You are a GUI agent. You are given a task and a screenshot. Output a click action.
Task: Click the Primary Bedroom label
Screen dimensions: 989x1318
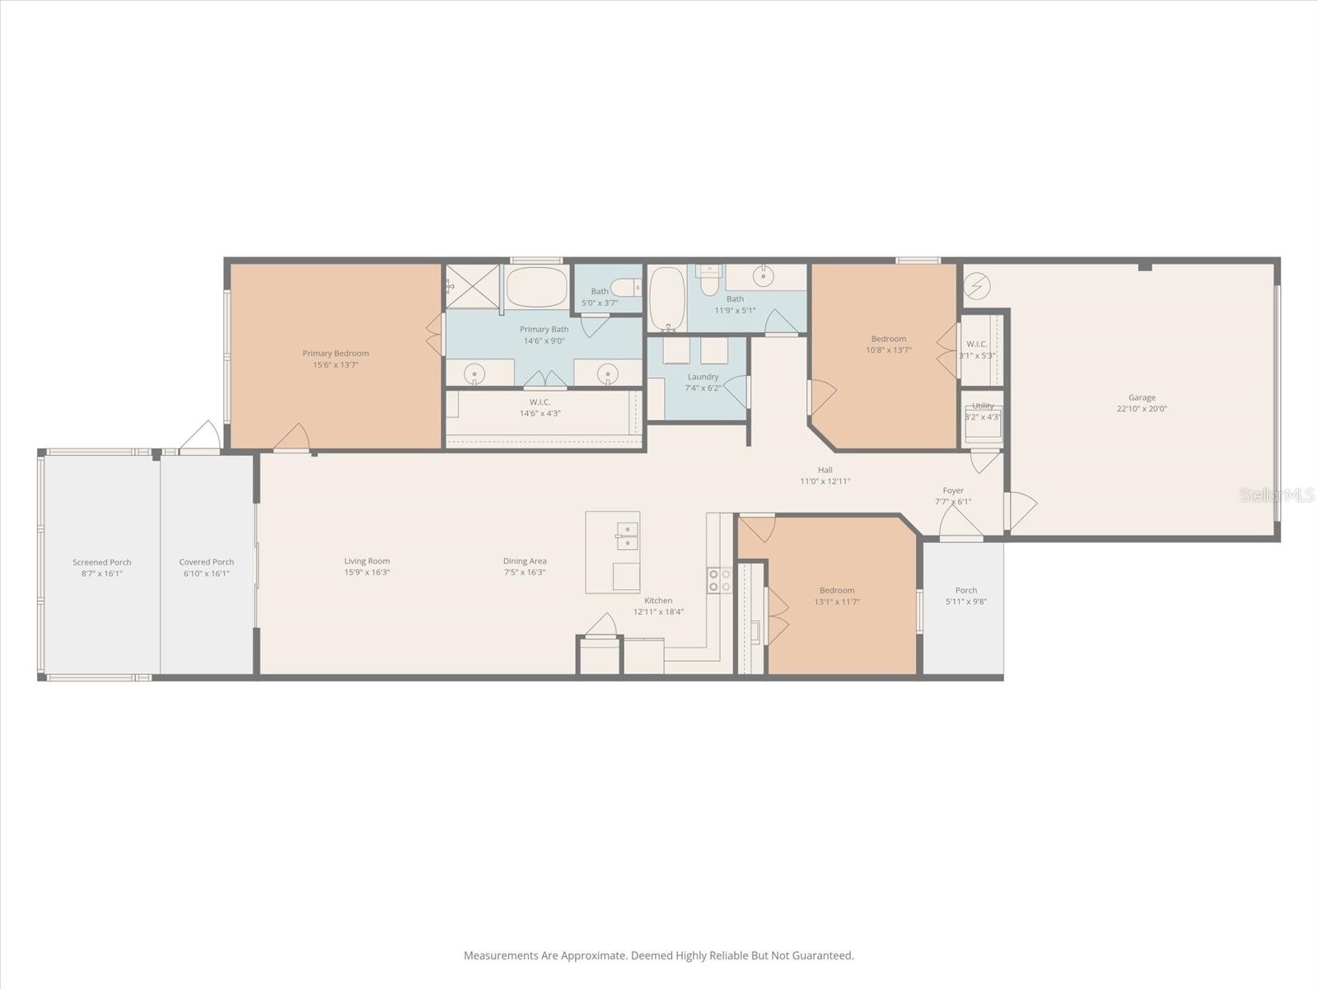point(335,354)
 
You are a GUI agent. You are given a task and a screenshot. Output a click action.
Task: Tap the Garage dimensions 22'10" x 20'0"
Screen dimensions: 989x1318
point(1142,409)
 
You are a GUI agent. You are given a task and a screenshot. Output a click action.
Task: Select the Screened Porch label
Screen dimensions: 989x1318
point(102,563)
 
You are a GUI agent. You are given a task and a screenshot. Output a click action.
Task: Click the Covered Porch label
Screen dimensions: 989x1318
point(207,563)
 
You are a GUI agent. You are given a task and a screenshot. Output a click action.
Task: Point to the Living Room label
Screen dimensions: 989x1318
point(367,561)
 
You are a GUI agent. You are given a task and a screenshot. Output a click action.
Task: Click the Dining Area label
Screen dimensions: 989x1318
point(525,561)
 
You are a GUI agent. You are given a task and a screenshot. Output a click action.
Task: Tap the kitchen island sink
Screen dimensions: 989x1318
point(627,536)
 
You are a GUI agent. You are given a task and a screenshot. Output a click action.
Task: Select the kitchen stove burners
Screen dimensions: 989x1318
point(719,580)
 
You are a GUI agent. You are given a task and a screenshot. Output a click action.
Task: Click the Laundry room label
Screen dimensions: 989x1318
point(703,377)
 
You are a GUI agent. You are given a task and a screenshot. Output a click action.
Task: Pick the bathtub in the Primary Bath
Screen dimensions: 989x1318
point(536,287)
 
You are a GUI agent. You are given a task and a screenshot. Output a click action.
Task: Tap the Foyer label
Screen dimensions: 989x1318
point(953,490)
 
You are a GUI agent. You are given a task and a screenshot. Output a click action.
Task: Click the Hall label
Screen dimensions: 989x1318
point(825,471)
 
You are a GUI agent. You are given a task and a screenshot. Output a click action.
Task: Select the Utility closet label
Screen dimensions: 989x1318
point(983,405)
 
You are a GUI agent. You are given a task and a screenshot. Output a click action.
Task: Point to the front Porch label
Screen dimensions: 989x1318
point(966,590)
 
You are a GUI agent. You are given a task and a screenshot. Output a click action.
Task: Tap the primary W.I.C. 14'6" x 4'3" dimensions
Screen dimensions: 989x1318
point(540,414)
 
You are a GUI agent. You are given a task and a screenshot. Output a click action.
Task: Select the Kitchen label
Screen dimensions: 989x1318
point(658,601)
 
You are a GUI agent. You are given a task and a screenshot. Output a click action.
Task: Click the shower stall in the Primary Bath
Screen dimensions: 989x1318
point(473,286)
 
